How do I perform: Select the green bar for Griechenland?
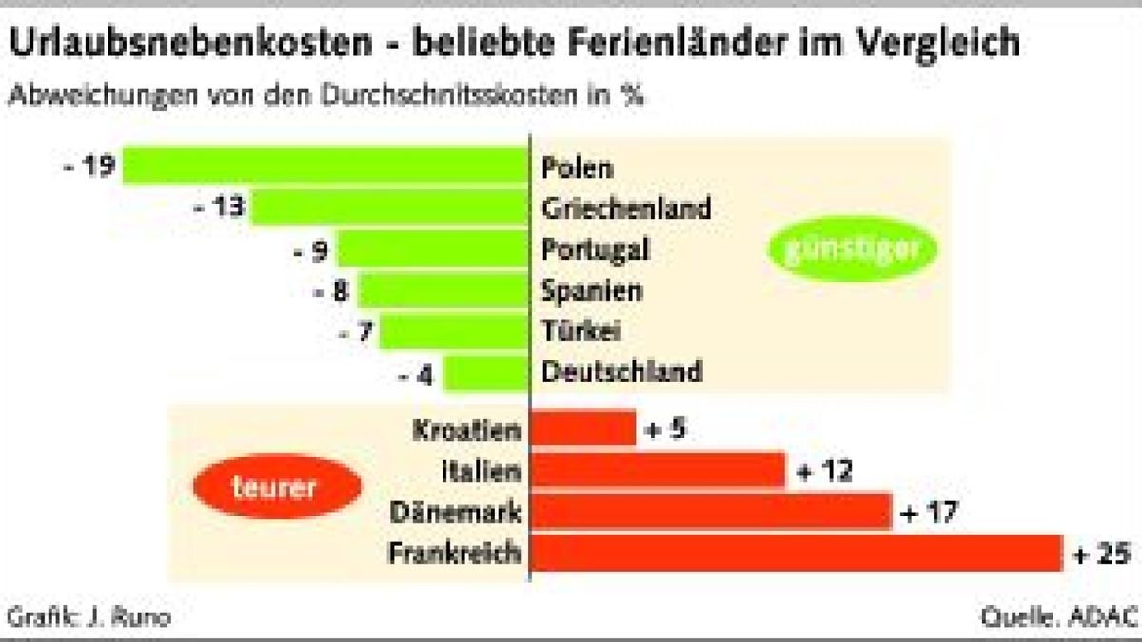(390, 206)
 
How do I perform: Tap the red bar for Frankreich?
(797, 552)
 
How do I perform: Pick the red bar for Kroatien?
(582, 428)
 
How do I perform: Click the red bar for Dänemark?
(711, 511)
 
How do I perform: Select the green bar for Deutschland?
(485, 373)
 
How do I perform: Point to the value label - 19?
(89, 166)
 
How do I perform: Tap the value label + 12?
(823, 471)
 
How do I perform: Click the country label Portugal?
(596, 249)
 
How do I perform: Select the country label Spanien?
(592, 290)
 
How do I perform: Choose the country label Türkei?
(581, 331)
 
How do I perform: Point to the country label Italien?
(482, 470)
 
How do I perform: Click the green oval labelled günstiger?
(853, 249)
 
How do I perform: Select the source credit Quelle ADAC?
(1058, 617)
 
